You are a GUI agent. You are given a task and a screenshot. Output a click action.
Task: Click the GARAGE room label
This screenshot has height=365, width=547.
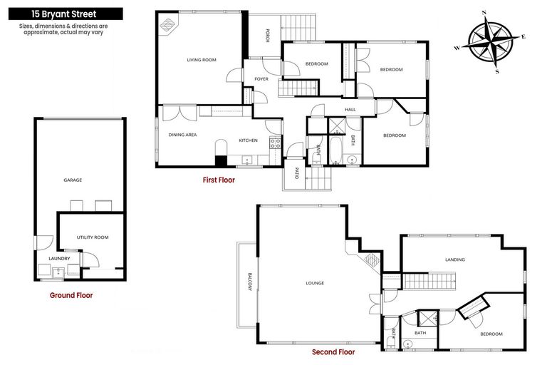coord(73,180)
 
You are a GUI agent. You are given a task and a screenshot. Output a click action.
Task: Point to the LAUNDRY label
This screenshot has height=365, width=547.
coord(59,258)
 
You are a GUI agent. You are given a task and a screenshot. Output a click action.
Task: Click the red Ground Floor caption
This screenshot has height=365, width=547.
coord(71,294)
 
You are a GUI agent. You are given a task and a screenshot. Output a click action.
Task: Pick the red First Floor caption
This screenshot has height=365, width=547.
coord(219,180)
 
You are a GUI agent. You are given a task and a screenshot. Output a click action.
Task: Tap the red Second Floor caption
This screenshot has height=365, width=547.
coord(333,351)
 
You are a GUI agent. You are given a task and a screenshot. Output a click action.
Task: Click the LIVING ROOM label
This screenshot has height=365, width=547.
coord(202,60)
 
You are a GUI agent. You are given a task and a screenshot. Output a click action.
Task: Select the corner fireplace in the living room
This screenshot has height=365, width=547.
coord(168,25)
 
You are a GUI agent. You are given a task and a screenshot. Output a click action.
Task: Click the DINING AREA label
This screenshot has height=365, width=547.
coord(182,135)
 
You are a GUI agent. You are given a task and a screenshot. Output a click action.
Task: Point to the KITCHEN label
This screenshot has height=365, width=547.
coord(248,140)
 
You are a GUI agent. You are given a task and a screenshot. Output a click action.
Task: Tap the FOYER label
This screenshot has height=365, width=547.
coord(261,78)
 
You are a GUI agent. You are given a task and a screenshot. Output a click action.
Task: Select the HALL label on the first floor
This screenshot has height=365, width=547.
coord(350,109)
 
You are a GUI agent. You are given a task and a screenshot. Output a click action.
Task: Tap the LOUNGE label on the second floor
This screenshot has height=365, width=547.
coord(314,283)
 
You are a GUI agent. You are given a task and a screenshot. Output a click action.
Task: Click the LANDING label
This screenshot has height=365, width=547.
coord(455,259)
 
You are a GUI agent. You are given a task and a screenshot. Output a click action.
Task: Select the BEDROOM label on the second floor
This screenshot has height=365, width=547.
coord(491,334)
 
